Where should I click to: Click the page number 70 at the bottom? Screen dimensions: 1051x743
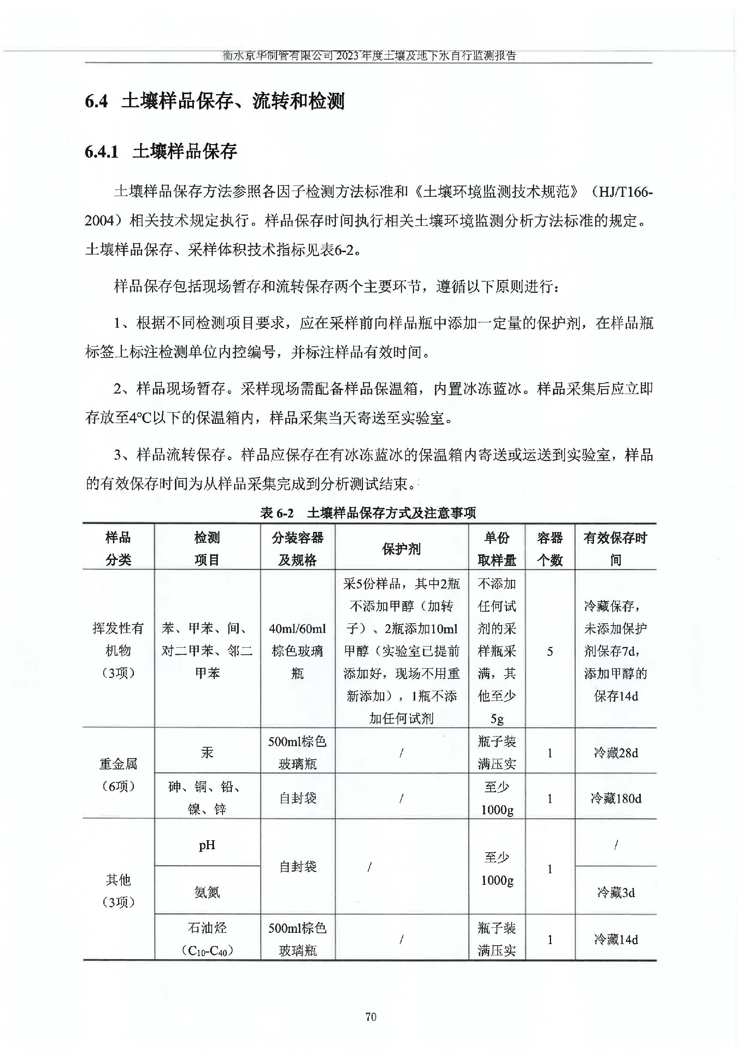pyautogui.click(x=371, y=1017)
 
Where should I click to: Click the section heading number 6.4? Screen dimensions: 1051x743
pyautogui.click(x=96, y=101)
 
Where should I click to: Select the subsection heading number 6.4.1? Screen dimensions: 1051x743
pyautogui.click(x=101, y=151)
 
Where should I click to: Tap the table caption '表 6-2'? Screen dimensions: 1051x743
pyautogui.click(x=277, y=513)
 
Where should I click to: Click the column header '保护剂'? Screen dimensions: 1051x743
pyautogui.click(x=401, y=549)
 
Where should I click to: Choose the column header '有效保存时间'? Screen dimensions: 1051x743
pyautogui.click(x=615, y=549)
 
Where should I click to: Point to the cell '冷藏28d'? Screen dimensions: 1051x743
pyautogui.click(x=615, y=753)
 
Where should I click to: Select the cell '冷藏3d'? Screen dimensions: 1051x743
pyautogui.click(x=615, y=893)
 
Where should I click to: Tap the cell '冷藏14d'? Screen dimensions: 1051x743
pyautogui.click(x=615, y=940)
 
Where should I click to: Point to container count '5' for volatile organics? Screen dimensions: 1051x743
pyautogui.click(x=550, y=651)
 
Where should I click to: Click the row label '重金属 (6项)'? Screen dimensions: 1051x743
pyautogui.click(x=118, y=775)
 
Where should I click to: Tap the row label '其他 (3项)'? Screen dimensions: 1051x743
pyautogui.click(x=118, y=891)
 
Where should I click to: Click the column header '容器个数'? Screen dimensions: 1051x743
pyautogui.click(x=550, y=549)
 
